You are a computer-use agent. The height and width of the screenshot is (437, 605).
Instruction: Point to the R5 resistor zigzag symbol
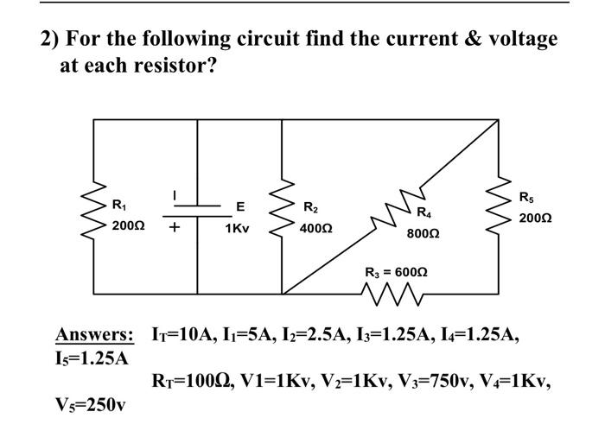click(x=499, y=208)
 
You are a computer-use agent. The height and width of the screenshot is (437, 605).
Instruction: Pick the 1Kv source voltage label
click(x=238, y=229)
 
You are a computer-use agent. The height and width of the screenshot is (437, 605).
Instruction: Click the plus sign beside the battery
click(x=175, y=229)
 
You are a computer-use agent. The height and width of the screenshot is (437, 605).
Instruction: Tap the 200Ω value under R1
click(x=129, y=225)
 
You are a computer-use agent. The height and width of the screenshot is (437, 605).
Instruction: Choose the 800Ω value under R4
click(x=423, y=233)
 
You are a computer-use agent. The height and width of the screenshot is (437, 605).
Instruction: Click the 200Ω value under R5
click(x=536, y=219)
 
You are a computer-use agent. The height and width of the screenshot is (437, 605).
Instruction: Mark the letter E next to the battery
click(x=240, y=206)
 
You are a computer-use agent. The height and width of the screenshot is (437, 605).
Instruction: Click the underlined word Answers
click(x=94, y=333)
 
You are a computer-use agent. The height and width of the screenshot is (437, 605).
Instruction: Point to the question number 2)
click(x=50, y=39)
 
